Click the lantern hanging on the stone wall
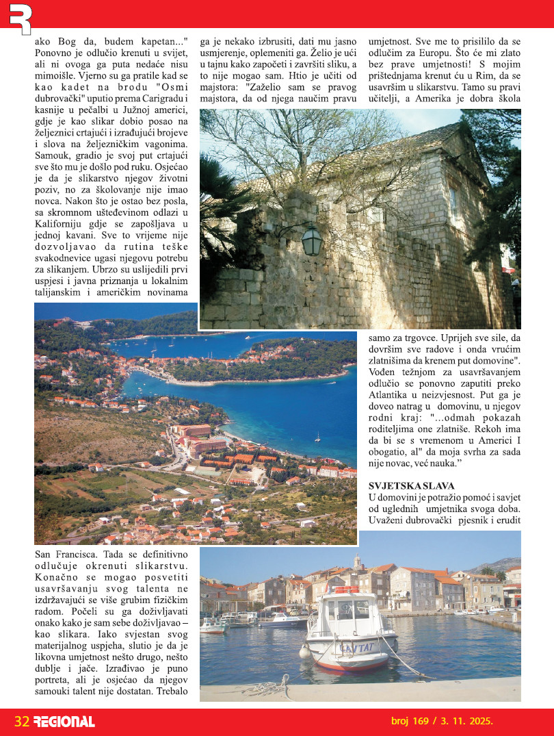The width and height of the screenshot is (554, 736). pyautogui.click(x=311, y=240)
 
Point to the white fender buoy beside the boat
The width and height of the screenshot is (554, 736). pyautogui.click(x=306, y=652)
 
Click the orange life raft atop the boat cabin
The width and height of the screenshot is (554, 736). pyautogui.click(x=345, y=589)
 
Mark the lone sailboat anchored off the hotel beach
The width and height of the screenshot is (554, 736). pyautogui.click(x=317, y=436)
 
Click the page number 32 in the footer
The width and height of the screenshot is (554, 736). pyautogui.click(x=22, y=722)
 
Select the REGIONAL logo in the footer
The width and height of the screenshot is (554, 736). pyautogui.click(x=64, y=722)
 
